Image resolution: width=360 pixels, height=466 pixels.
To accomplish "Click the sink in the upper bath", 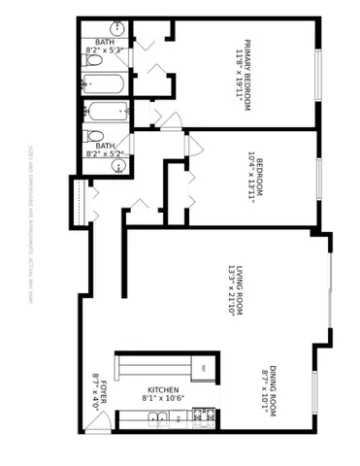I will [x=118, y=28].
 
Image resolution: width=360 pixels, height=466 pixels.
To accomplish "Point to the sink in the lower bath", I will [x=118, y=165].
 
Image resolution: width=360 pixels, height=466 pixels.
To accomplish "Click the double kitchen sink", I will [x=161, y=418].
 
